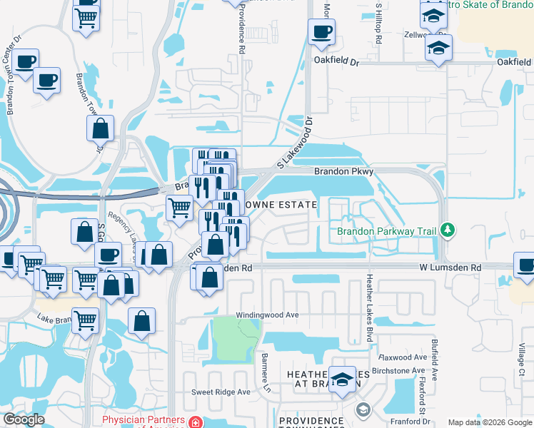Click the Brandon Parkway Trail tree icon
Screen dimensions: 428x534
click(x=448, y=230)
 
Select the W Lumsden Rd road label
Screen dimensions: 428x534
click(x=449, y=267)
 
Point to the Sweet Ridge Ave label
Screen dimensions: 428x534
click(x=221, y=392)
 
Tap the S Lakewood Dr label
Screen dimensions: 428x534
click(x=295, y=143)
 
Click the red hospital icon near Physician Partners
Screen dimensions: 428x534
click(x=195, y=422)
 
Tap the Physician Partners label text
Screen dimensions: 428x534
click(x=143, y=419)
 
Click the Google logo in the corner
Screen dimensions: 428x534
click(x=24, y=419)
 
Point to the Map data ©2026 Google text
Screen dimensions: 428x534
click(x=490, y=422)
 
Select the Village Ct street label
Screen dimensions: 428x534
click(x=522, y=362)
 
